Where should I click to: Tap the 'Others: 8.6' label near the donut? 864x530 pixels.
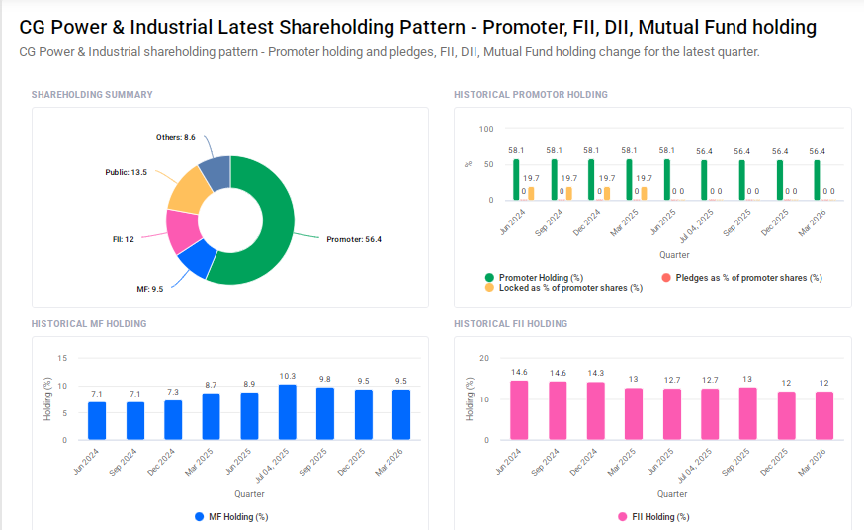pyautogui.click(x=176, y=137)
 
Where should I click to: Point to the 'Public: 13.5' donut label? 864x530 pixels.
pyautogui.click(x=126, y=172)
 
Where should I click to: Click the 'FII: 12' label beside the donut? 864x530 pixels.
pyautogui.click(x=123, y=239)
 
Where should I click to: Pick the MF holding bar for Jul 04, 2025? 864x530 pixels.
pyautogui.click(x=288, y=412)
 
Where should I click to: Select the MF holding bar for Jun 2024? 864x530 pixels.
pyautogui.click(x=97, y=421)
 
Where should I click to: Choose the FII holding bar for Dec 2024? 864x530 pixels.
pyautogui.click(x=595, y=411)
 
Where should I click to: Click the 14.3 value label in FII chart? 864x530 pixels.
pyautogui.click(x=595, y=373)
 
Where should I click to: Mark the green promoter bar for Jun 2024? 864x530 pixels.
pyautogui.click(x=517, y=180)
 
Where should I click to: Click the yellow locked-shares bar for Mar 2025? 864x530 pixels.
pyautogui.click(x=644, y=194)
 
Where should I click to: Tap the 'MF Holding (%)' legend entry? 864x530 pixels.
pyautogui.click(x=230, y=516)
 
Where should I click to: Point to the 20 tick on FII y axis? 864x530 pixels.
pyautogui.click(x=483, y=358)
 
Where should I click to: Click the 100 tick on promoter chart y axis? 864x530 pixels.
pyautogui.click(x=484, y=129)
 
